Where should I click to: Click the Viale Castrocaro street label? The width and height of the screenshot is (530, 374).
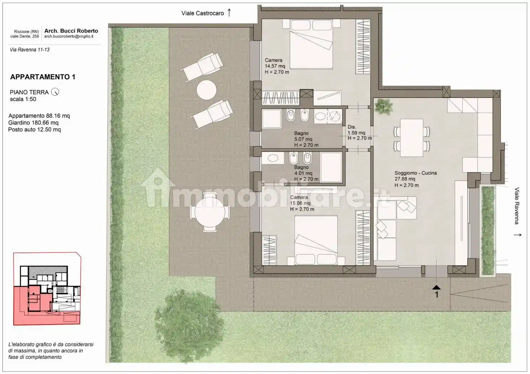203,13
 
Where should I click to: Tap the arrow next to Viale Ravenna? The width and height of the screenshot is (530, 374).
518,235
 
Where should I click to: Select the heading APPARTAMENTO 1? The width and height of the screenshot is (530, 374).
43,77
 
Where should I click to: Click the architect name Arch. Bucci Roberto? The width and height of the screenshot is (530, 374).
71,31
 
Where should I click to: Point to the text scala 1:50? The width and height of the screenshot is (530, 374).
23,99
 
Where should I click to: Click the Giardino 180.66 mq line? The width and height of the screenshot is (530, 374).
34,123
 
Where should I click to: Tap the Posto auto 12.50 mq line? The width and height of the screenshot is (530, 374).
35,130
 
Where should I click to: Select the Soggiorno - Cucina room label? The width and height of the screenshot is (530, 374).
416,173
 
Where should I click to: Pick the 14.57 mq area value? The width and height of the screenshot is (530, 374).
275,66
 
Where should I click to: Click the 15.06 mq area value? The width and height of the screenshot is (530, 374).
300,203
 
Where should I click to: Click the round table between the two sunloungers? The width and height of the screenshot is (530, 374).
207,90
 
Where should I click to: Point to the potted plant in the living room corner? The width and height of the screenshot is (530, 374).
383,106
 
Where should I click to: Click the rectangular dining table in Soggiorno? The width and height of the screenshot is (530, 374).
411,137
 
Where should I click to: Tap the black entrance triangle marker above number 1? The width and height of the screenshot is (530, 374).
436,287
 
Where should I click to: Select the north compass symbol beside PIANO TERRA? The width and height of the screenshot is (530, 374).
55,92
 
